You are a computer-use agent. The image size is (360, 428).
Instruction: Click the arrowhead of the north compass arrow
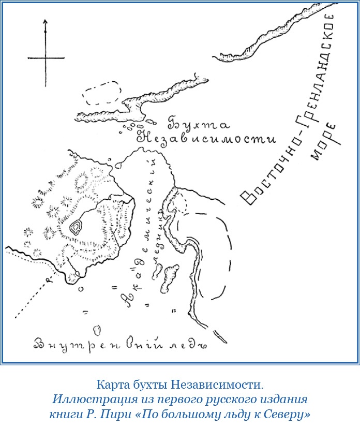pyautogui.click(x=46, y=22)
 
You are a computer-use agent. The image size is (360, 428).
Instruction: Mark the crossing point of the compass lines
pyautogui.click(x=46, y=57)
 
